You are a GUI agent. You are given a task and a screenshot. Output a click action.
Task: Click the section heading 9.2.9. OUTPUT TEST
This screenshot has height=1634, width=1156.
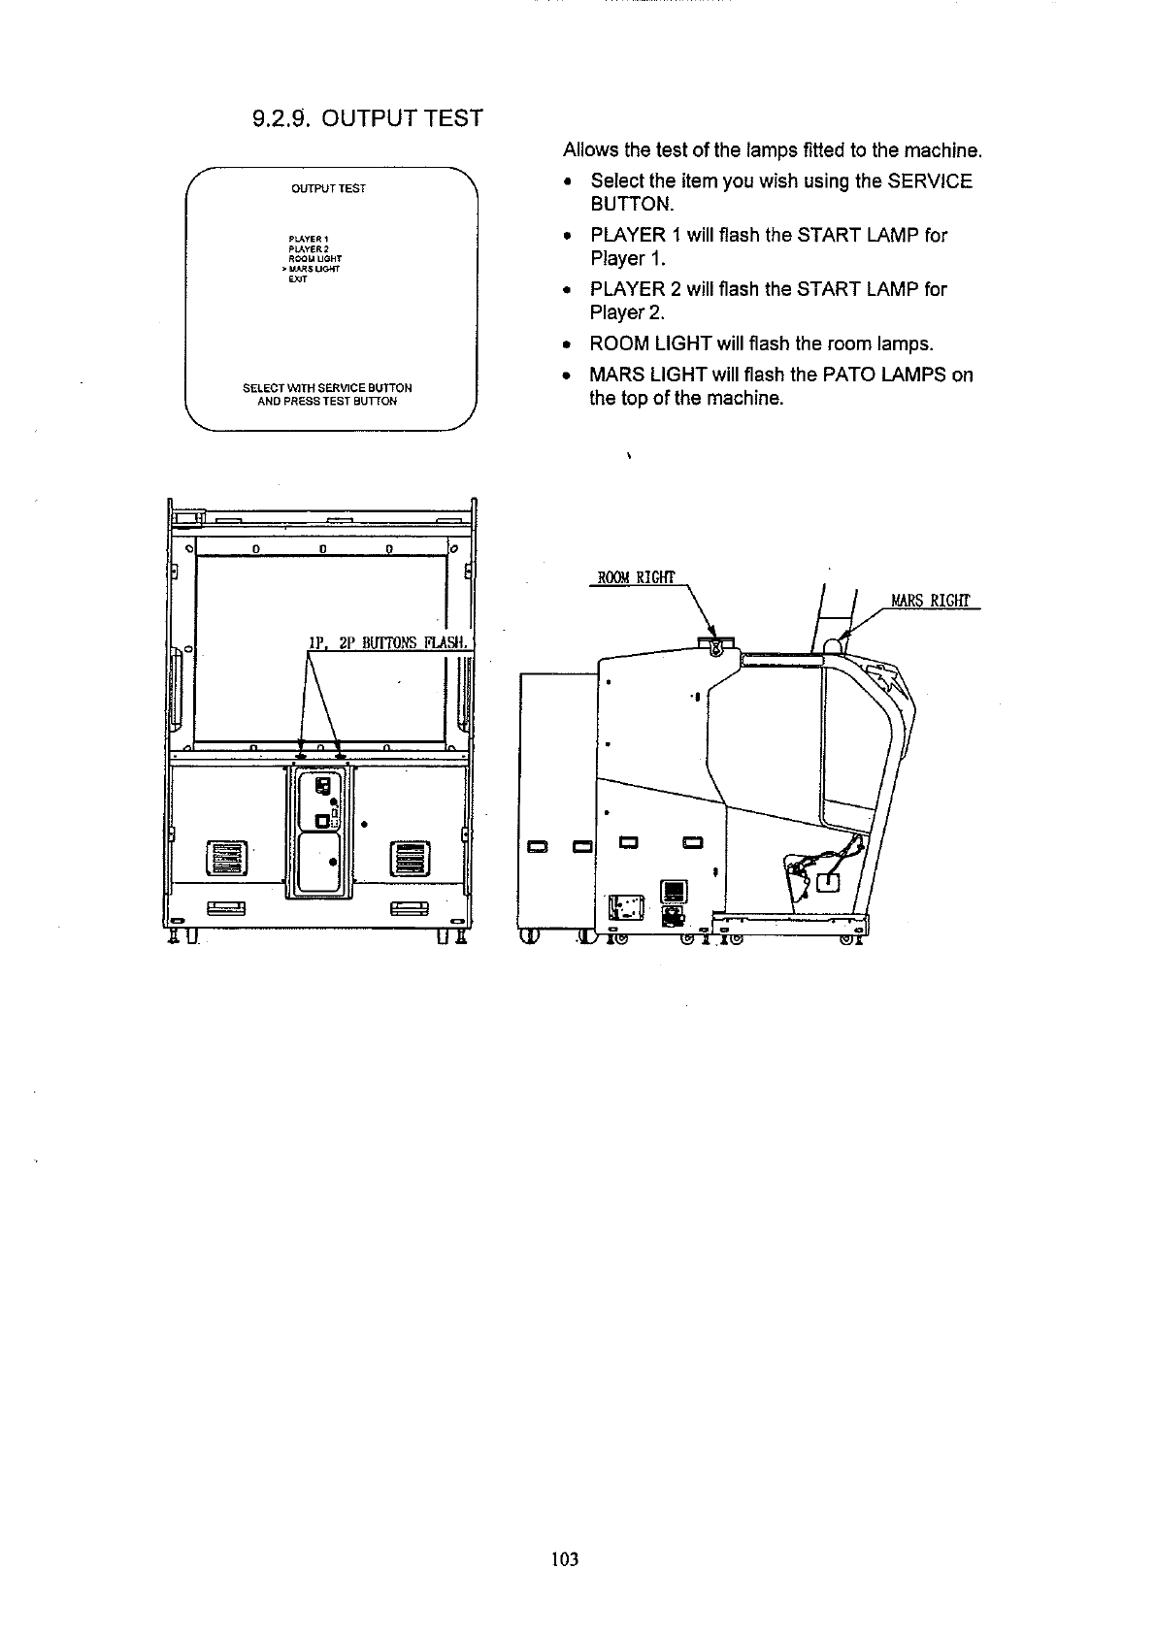(366, 119)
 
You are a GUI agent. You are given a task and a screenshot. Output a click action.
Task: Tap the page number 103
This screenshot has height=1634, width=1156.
(564, 1559)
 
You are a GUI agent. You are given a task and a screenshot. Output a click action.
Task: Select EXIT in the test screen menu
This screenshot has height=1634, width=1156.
(297, 280)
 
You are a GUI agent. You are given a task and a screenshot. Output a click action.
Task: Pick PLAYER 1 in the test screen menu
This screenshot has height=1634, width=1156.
(310, 239)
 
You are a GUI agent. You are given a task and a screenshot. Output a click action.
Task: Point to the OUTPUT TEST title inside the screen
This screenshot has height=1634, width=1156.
(328, 188)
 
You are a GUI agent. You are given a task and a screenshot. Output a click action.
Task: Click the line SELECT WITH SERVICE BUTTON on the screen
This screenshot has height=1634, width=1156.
(327, 388)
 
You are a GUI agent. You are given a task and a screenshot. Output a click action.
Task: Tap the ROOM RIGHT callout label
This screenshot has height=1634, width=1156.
(635, 579)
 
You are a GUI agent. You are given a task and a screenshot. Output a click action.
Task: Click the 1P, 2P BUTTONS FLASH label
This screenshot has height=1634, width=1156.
(387, 642)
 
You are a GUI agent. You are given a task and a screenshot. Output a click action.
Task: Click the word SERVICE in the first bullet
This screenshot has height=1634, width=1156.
(930, 181)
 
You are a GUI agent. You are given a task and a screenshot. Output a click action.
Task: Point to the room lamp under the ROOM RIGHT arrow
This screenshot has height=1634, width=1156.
(716, 645)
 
